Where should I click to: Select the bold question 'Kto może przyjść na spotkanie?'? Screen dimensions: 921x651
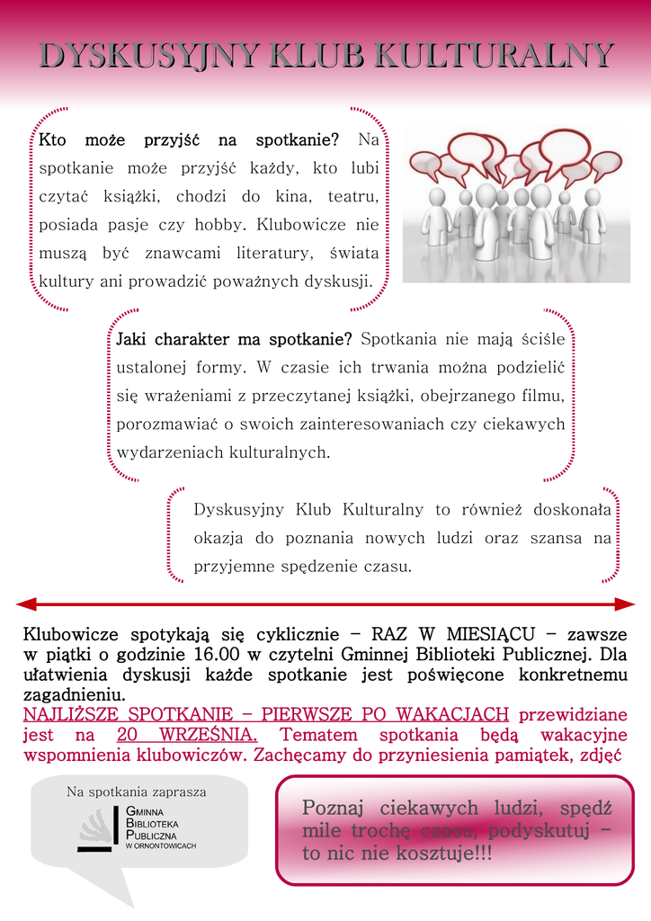tap(189, 140)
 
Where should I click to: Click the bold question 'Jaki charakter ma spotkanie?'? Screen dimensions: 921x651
tap(234, 339)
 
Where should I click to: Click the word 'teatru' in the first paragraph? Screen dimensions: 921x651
tap(353, 196)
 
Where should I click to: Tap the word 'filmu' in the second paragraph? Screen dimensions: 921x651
tap(546, 395)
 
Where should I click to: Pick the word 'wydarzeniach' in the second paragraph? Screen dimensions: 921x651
tap(159, 452)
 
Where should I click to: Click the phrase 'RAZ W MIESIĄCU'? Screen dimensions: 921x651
tap(434, 633)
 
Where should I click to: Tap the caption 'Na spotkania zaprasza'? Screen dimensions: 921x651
tap(137, 792)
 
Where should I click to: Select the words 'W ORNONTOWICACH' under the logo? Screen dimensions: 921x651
tap(161, 846)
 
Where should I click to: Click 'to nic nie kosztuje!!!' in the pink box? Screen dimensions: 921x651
tap(397, 854)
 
